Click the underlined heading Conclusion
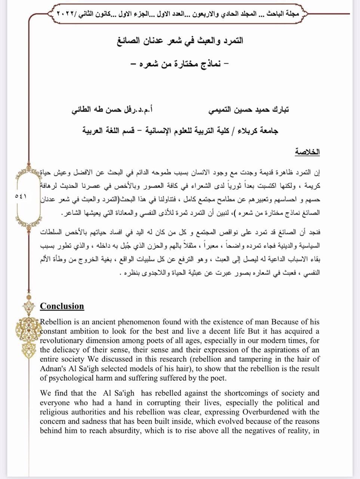coord(62,306)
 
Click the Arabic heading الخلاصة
coord(307,152)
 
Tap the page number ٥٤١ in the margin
coord(21,196)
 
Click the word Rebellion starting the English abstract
coord(55,322)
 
